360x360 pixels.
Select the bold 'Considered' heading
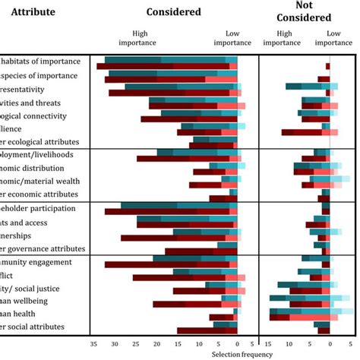174,12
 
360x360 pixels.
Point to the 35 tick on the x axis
93,343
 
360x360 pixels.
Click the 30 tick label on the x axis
115,343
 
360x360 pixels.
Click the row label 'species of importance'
38,75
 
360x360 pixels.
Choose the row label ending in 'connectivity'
33,115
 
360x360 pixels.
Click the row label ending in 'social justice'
30,289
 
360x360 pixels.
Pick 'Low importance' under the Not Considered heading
333,38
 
